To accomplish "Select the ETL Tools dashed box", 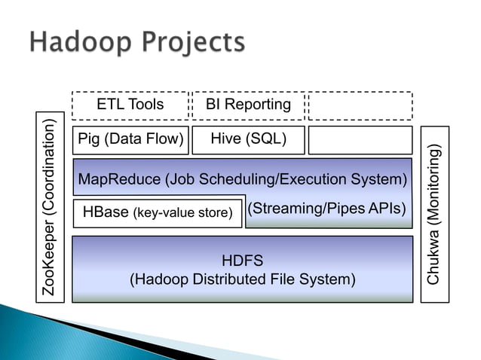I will (130, 105).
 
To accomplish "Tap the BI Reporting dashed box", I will (248, 105).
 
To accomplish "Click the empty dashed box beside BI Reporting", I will (360, 105).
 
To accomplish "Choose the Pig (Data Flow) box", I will (130, 139).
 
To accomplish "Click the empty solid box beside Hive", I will (360, 140).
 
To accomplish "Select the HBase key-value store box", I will (158, 213).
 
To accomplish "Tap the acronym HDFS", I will (242, 261).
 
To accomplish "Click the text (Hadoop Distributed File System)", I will (242, 279).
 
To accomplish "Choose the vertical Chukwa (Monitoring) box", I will (434, 214).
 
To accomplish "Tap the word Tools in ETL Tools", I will (146, 105).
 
